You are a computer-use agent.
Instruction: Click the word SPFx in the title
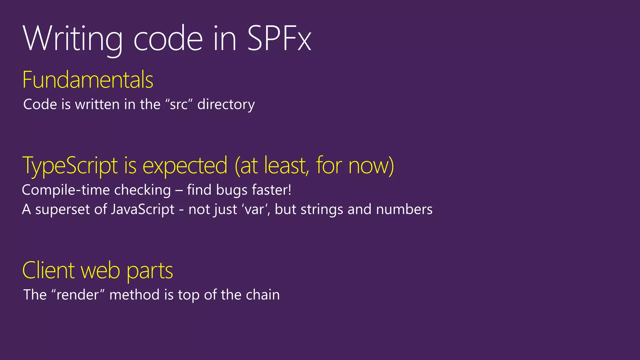[x=279, y=39]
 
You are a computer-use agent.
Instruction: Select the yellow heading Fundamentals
[x=88, y=80]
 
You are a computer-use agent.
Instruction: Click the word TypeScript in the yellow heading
[x=70, y=166]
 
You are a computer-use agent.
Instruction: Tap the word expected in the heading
[x=185, y=166]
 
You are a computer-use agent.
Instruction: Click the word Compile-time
[x=65, y=190]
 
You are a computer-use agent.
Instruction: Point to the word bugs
[x=232, y=190]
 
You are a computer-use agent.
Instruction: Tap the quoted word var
[x=253, y=209]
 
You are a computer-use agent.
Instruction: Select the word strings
[x=322, y=209]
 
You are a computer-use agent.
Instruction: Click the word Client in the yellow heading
[x=49, y=270]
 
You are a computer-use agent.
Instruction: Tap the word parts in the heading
[x=150, y=271]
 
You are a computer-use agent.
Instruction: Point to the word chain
[x=262, y=295]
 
